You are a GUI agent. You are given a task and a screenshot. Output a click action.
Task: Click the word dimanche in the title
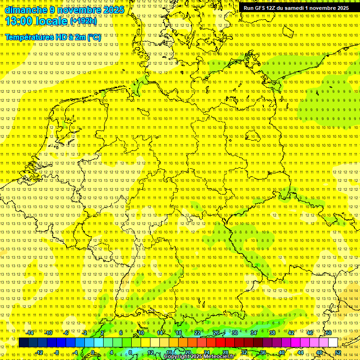coord(26,10)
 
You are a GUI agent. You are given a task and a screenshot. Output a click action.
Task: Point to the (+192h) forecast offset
coord(83,21)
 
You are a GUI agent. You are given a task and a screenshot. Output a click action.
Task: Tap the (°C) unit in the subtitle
coord(94,37)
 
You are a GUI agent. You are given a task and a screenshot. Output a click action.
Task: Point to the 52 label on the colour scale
coord(338,352)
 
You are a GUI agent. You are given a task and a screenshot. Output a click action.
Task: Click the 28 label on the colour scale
coord(225,352)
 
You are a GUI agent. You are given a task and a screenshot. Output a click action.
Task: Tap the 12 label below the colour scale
coord(150,352)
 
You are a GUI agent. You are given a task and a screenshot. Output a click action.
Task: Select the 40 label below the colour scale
coord(282,352)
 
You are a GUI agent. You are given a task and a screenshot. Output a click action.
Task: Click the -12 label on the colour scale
coord(39,352)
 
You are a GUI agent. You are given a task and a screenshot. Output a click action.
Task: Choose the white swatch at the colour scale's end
coord(333,343)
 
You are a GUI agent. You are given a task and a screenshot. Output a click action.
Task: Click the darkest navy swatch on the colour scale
coord(23,343)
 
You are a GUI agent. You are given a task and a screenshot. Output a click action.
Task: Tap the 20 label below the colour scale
coord(188,352)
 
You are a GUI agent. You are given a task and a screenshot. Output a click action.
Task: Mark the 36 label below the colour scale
coord(263,352)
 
